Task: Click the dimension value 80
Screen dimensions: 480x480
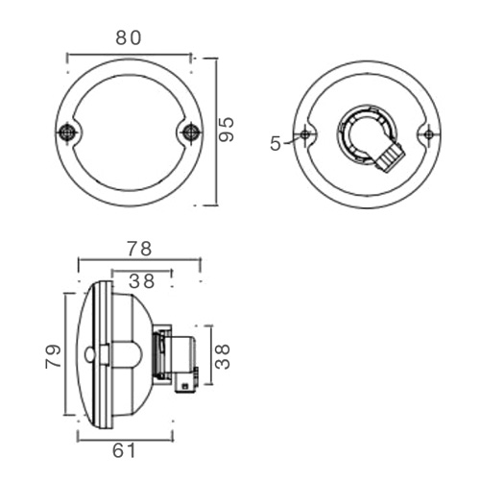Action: point(129,38)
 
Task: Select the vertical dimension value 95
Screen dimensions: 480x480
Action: point(228,131)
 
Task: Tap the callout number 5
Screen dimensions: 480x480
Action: point(276,143)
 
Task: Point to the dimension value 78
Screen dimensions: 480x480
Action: point(139,249)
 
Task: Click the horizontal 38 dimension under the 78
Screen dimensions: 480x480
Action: point(142,281)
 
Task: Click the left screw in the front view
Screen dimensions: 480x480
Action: point(66,132)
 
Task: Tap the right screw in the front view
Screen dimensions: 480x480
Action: point(191,132)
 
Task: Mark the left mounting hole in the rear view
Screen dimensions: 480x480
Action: point(305,134)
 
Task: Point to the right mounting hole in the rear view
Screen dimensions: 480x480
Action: point(428,134)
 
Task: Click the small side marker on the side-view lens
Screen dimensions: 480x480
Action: point(90,354)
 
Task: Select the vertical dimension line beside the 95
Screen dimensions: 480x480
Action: point(216,131)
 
